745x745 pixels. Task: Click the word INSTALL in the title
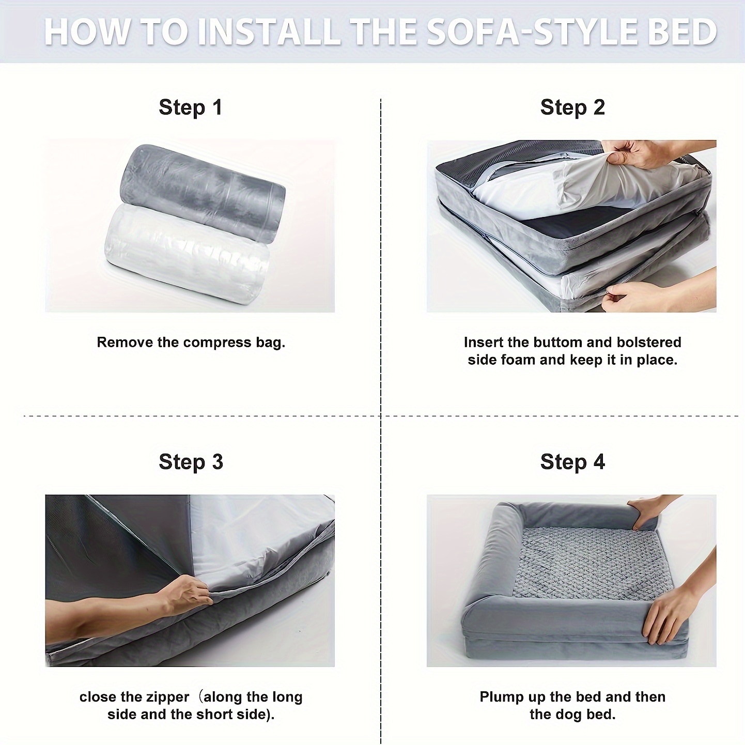[x=268, y=32]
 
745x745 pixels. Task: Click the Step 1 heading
[x=191, y=107]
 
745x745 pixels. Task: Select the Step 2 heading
[x=572, y=107]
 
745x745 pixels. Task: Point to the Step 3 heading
[x=191, y=462]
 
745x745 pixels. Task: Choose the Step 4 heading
[x=572, y=462]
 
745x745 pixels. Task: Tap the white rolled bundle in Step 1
[x=188, y=253]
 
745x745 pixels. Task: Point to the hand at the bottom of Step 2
[x=657, y=296]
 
